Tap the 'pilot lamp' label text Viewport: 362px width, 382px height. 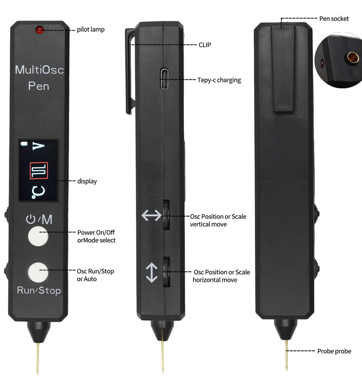pos(90,30)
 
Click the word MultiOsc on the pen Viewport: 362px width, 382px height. pos(39,70)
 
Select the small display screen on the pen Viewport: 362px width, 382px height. pos(39,170)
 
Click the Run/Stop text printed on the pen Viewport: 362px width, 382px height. pos(39,291)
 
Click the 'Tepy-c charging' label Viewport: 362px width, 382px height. pos(219,80)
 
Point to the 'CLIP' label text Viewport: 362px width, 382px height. pos(205,45)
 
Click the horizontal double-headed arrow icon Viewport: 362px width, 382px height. pos(151,215)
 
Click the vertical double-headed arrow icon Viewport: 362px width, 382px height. pos(152,273)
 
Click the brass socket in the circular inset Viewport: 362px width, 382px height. pos(352,57)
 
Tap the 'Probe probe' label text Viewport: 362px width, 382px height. pos(334,351)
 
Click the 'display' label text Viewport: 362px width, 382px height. pos(87,181)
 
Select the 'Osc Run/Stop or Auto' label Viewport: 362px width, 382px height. pos(95,275)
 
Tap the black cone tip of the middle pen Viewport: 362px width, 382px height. pos(162,330)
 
